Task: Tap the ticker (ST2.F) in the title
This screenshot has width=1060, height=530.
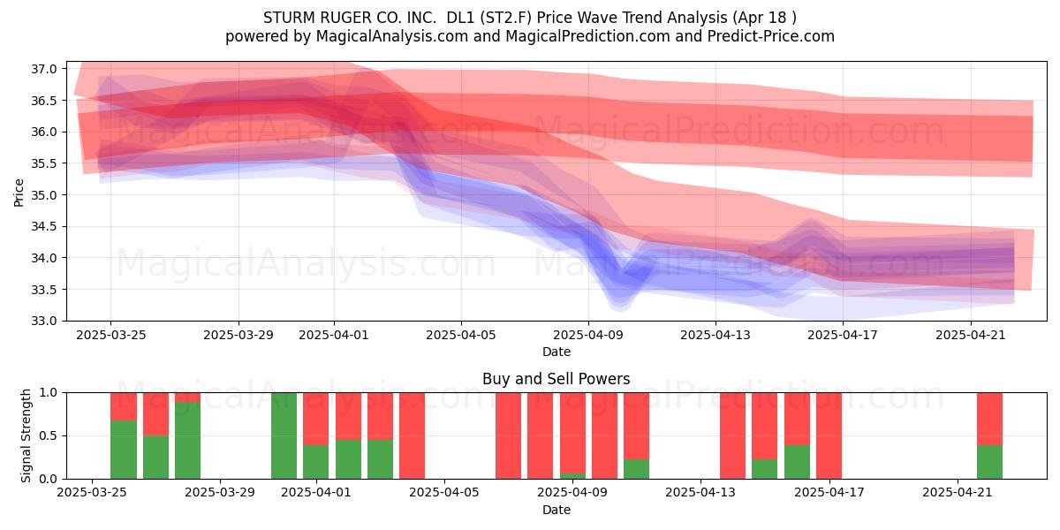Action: [506, 18]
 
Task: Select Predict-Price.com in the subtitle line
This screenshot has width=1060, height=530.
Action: [771, 36]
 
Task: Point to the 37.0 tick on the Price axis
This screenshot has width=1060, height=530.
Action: [43, 69]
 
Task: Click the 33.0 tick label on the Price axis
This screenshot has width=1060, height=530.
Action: [43, 321]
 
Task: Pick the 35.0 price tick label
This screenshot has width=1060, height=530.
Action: [43, 195]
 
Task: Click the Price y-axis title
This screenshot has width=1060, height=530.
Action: [19, 193]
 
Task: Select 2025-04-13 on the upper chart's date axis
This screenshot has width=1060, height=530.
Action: [715, 335]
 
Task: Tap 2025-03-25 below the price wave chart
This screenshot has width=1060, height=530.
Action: [110, 335]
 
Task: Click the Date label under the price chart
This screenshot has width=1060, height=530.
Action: [556, 352]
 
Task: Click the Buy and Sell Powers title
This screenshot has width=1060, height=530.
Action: [556, 379]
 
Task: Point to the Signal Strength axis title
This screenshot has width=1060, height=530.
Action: [26, 435]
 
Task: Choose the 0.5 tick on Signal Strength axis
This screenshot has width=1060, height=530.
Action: [49, 435]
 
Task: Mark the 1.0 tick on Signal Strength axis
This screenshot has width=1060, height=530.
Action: [49, 392]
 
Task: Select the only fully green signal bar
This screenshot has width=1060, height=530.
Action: [284, 435]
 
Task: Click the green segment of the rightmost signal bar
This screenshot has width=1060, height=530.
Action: [989, 462]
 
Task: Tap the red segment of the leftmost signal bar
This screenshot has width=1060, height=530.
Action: [124, 406]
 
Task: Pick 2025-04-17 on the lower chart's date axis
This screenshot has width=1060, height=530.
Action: [829, 492]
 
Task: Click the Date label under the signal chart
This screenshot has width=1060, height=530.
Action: [556, 510]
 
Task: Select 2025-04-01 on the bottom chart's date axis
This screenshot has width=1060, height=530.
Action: [315, 492]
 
